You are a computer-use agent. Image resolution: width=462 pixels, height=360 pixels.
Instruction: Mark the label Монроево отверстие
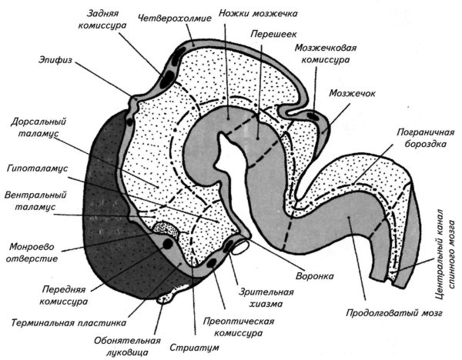coord(32,253)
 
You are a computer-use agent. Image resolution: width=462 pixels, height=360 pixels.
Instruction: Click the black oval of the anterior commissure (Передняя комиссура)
coord(167,244)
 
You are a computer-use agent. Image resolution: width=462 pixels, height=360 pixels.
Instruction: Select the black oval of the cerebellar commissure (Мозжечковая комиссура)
coord(313,115)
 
